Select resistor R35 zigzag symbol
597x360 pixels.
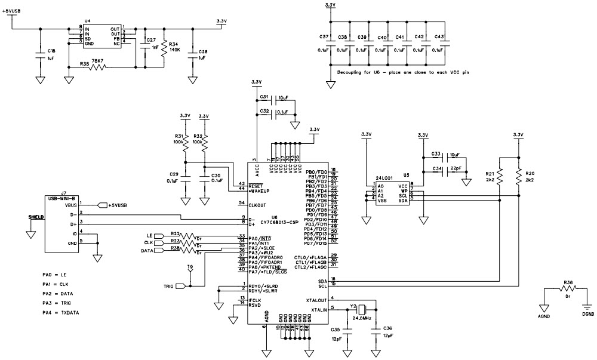click(x=96, y=67)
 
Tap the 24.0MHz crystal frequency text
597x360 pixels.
click(x=361, y=319)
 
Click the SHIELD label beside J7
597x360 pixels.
click(x=36, y=217)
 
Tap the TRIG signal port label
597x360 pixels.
click(x=169, y=286)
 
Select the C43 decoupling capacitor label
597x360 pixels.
click(x=439, y=38)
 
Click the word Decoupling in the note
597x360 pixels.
click(x=353, y=71)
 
